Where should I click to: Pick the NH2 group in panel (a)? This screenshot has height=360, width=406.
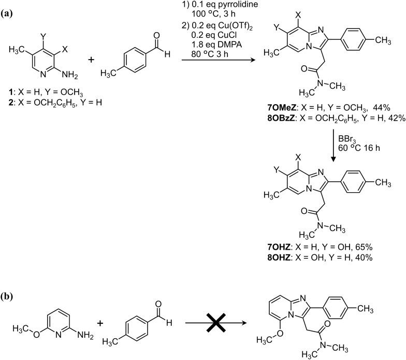tap(73, 77)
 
